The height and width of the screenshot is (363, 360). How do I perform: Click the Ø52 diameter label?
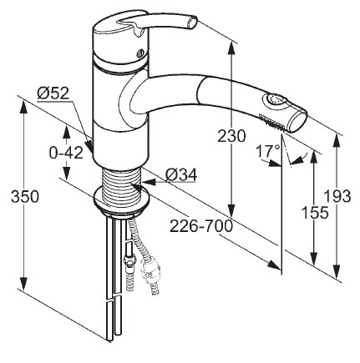53,93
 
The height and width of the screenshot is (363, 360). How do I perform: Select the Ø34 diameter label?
181,175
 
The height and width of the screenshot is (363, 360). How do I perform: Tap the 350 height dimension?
25,197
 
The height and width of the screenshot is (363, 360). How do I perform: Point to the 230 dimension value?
231,136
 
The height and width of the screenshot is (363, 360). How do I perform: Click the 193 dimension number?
338,196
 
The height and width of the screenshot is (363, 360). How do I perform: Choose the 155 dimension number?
315,213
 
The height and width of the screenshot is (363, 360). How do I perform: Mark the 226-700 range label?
201,226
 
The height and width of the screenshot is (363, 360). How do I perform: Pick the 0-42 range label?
66,153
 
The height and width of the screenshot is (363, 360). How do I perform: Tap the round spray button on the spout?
275,100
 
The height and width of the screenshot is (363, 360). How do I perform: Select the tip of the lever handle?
191,23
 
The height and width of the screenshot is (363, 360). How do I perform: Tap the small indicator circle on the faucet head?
140,53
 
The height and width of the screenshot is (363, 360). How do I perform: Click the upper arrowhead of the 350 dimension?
24,107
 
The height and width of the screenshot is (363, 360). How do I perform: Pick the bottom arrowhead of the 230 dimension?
231,210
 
